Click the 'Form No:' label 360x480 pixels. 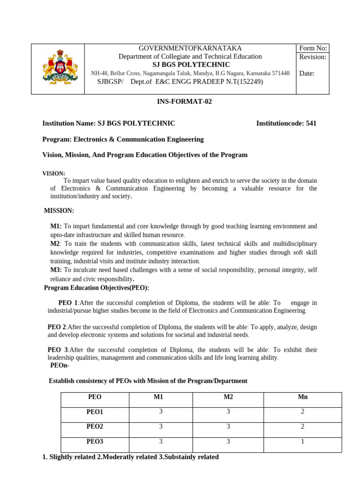313,48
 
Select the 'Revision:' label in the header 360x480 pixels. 313,57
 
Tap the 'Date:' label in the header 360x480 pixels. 307,73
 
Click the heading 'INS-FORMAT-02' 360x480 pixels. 180,101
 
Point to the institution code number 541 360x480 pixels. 311,123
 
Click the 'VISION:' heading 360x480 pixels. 54,173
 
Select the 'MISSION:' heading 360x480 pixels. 59,211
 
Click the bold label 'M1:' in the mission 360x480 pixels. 56,226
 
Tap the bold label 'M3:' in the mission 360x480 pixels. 56,270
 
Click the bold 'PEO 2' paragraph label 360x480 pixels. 57,327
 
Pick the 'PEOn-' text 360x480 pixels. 60,366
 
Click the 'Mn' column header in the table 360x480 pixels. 303,397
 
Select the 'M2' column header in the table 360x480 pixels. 228,397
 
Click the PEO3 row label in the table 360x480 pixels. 95,442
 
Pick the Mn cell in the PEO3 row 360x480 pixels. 303,442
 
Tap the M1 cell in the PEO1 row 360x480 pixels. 161,412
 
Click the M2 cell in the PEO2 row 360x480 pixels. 228,427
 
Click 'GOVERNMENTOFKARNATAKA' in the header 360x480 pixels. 190,48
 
